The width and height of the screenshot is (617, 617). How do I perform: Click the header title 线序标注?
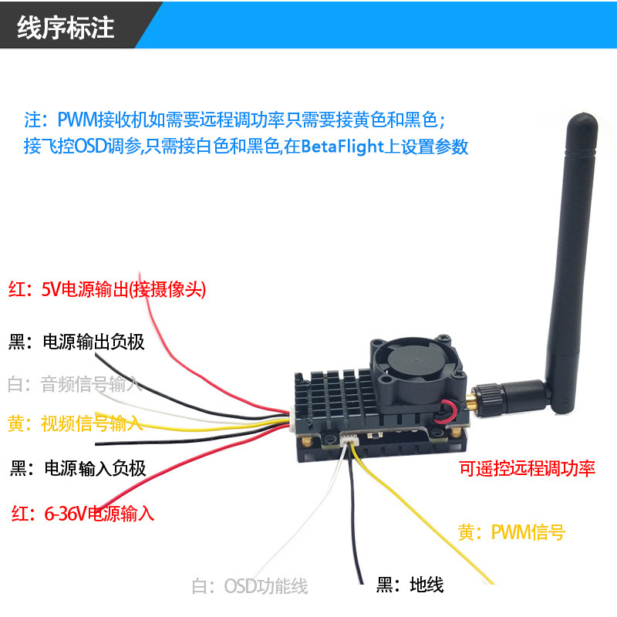point(66,28)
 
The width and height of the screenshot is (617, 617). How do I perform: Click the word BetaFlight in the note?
point(342,147)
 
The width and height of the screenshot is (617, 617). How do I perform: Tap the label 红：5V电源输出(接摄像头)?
point(107,290)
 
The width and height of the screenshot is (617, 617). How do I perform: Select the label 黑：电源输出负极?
point(76,342)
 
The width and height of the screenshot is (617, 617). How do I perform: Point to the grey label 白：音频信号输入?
point(74,384)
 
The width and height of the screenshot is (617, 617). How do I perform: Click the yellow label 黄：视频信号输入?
point(75,423)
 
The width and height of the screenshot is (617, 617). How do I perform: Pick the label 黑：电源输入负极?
point(78,468)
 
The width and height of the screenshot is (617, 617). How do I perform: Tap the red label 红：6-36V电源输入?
point(83,514)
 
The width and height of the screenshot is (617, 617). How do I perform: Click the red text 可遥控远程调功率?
point(527,468)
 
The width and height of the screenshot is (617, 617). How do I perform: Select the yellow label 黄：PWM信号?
point(511,532)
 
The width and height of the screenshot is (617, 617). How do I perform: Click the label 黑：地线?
point(410,585)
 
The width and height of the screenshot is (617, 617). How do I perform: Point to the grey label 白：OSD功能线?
point(249,586)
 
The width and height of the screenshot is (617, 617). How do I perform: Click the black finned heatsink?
point(335,397)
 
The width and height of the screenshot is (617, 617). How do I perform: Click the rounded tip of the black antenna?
point(583,119)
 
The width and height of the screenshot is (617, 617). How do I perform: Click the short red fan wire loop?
point(450,411)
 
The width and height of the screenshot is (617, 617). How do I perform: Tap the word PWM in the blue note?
point(77,120)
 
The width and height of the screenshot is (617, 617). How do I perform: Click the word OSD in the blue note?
point(90,147)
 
